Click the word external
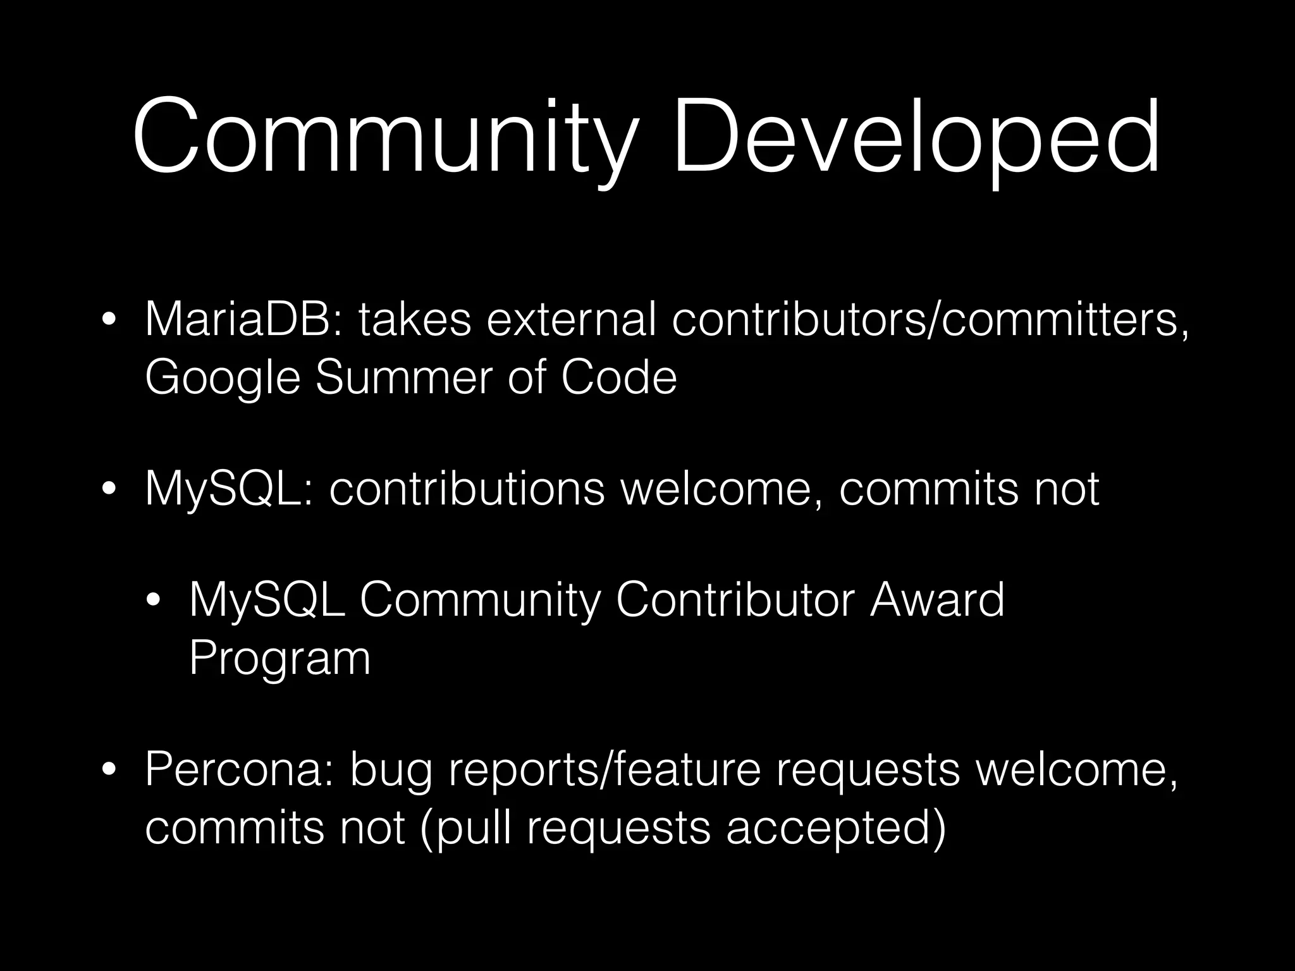[572, 320]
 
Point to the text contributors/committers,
[930, 320]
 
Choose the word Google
[222, 377]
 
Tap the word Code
[618, 377]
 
